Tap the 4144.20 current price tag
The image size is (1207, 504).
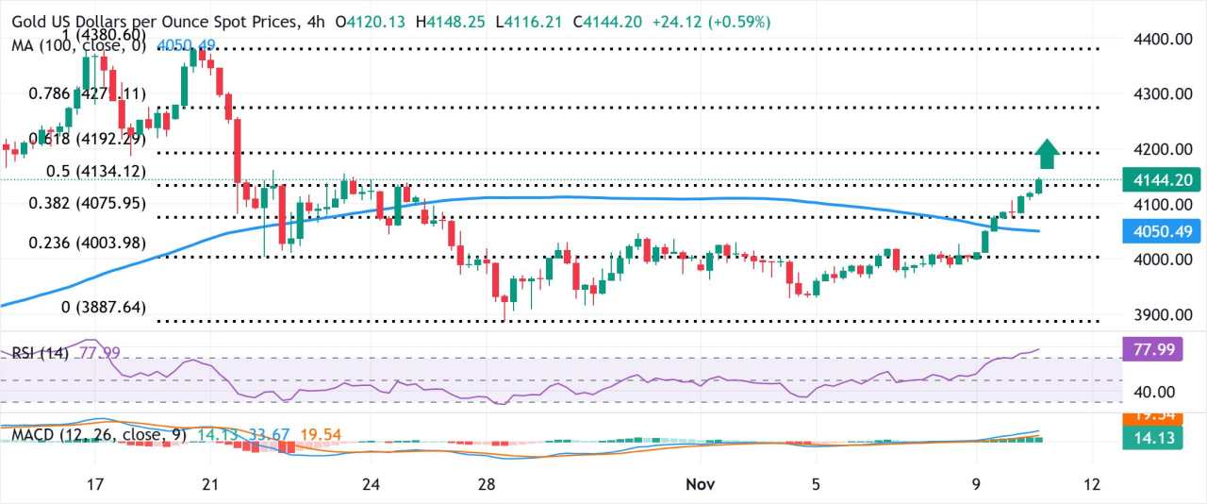[x=1163, y=179]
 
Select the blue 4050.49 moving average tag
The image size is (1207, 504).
[x=1163, y=231]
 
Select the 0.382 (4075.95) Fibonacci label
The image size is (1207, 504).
[x=86, y=202]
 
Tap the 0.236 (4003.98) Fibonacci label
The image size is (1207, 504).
[x=86, y=243]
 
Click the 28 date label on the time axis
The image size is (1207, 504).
[x=487, y=484]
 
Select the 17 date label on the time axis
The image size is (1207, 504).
[x=94, y=484]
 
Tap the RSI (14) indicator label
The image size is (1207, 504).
[x=41, y=353]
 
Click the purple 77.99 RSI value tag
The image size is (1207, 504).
[x=1163, y=350]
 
